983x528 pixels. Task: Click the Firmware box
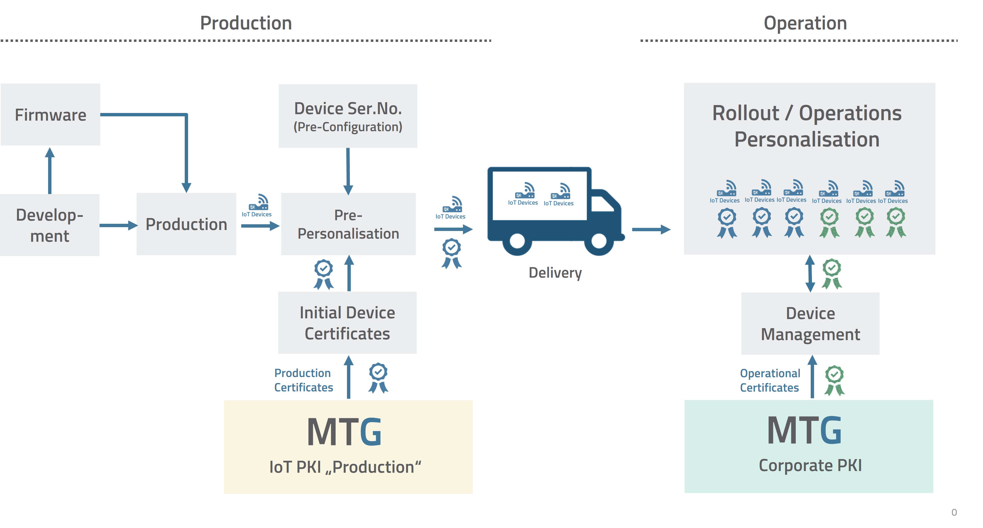[50, 115]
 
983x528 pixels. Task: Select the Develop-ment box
[50, 225]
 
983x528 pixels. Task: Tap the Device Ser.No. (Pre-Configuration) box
[348, 116]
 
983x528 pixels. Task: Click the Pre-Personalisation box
[348, 224]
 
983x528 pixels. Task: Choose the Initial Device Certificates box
[347, 323]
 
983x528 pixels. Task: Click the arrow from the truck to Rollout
[651, 230]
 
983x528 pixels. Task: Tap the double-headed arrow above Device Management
[810, 273]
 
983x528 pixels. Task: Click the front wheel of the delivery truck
[599, 241]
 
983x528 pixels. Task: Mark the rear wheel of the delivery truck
[517, 241]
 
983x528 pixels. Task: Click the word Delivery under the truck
[555, 273]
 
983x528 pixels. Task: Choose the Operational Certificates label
[770, 380]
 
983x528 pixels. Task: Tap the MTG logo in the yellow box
[344, 432]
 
